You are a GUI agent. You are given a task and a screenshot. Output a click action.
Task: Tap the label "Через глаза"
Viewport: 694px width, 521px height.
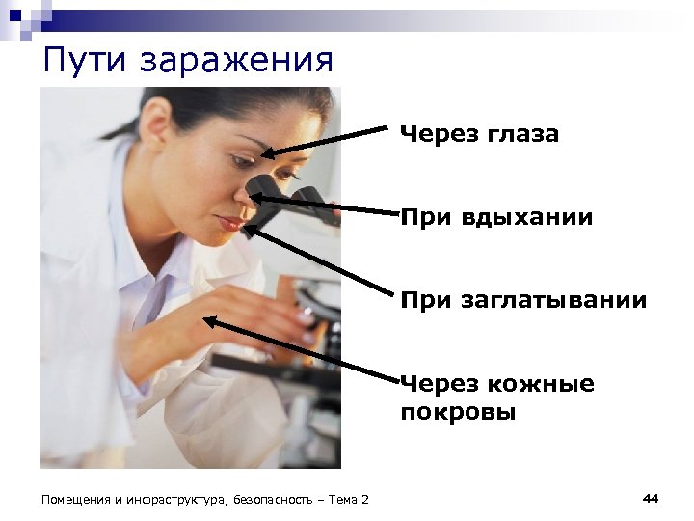[479, 134]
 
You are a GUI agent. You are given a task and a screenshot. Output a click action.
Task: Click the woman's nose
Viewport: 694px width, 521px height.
[244, 198]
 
